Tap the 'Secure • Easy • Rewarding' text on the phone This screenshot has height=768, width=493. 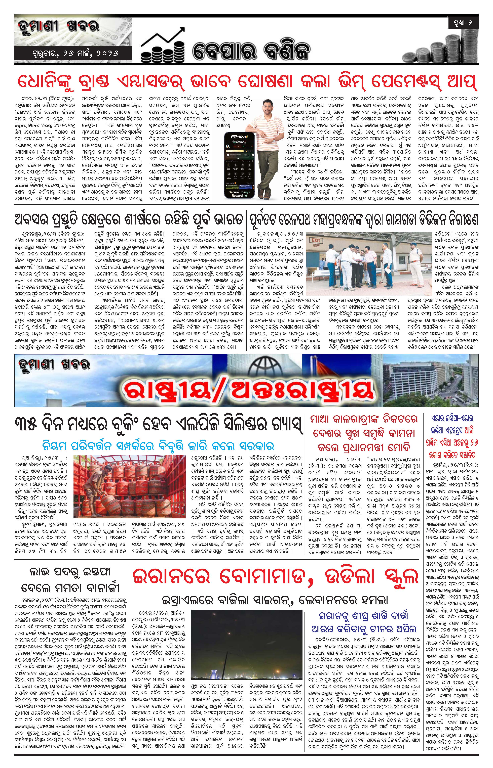click(x=239, y=194)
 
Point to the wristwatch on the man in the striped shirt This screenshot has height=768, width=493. click(x=274, y=140)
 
